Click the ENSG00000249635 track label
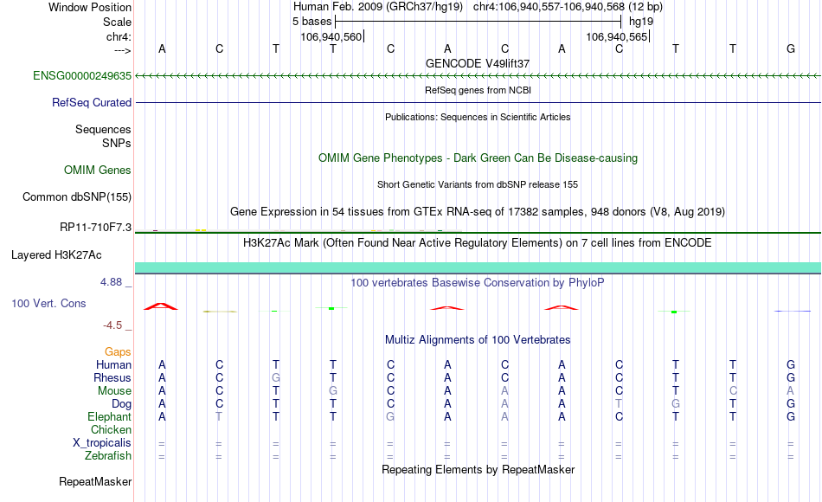click(82, 75)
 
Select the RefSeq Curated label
click(92, 102)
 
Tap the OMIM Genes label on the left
click(98, 170)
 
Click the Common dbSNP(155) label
click(77, 196)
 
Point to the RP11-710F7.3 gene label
click(95, 227)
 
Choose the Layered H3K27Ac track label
click(56, 255)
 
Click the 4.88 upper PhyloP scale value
click(111, 281)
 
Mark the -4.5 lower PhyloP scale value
click(112, 325)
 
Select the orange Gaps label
click(118, 351)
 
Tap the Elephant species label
click(109, 416)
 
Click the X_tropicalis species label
click(102, 443)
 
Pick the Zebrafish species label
click(108, 456)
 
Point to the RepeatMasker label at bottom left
click(95, 481)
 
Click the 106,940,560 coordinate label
click(331, 36)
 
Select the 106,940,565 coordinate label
click(617, 36)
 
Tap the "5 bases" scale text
click(311, 22)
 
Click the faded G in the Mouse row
click(333, 391)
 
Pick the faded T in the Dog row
click(619, 404)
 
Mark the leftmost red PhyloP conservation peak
click(161, 306)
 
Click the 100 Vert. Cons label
click(48, 303)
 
